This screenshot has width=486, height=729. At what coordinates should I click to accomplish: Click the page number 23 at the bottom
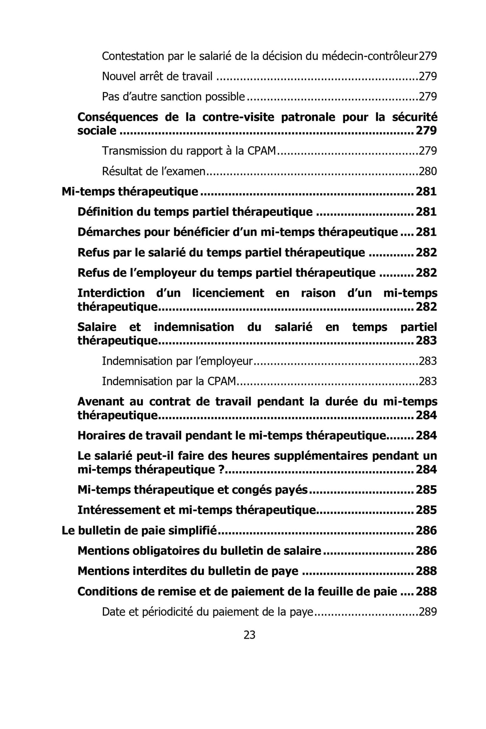pyautogui.click(x=249, y=635)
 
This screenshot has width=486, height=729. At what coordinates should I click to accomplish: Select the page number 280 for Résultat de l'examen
pyautogui.click(x=428, y=171)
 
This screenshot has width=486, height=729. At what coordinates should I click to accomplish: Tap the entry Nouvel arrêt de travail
pyautogui.click(x=157, y=76)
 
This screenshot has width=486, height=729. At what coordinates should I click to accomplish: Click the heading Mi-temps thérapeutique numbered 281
pyautogui.click(x=130, y=192)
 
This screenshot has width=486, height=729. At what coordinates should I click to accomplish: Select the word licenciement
pyautogui.click(x=228, y=293)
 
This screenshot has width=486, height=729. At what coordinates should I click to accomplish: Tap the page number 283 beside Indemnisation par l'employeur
pyautogui.click(x=428, y=361)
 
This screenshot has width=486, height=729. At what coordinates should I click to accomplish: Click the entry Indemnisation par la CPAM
pyautogui.click(x=169, y=381)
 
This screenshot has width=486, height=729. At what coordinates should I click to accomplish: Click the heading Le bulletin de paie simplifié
pyautogui.click(x=139, y=530)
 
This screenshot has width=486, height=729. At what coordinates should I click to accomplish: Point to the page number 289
pyautogui.click(x=428, y=611)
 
